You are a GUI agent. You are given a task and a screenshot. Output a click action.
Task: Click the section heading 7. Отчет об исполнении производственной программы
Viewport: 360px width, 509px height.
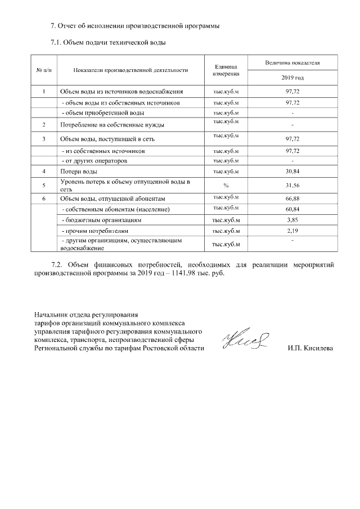coord(134,26)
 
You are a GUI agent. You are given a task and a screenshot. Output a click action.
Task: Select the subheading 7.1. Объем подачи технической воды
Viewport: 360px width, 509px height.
coord(108,42)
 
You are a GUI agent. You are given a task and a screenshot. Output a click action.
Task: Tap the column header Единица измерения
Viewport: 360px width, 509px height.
coord(226,70)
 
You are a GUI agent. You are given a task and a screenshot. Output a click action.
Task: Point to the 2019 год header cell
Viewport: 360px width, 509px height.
coord(291,77)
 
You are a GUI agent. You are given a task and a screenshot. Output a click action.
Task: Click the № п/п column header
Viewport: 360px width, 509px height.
coord(44,70)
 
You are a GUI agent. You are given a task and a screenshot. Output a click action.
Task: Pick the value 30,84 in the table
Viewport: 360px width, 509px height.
coord(291,171)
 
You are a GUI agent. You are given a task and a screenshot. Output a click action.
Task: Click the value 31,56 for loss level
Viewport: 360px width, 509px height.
coord(291,185)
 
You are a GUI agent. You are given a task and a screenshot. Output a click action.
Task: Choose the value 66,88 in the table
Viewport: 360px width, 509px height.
coord(291,199)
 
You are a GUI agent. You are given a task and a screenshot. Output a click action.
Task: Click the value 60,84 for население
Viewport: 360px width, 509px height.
coord(291,209)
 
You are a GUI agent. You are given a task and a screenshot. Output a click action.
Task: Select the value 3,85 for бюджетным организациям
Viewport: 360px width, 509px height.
coord(291,219)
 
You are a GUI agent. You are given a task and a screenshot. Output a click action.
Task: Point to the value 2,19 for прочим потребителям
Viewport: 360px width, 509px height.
coord(291,231)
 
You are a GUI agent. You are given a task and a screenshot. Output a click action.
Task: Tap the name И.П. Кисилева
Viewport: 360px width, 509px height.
coord(309,349)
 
